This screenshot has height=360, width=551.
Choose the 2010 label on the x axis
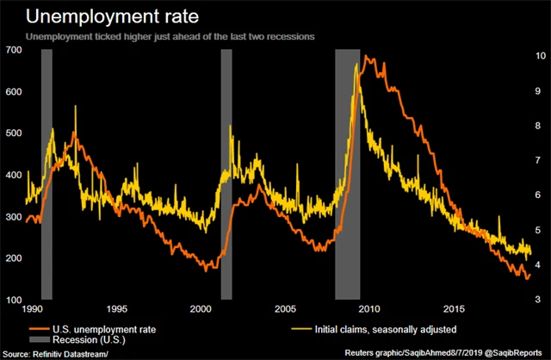(369, 308)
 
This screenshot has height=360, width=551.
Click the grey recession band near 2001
(226, 172)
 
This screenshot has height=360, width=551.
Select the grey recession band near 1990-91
(46, 172)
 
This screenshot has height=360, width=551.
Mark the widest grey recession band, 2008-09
(347, 172)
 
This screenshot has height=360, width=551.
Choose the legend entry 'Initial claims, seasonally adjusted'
(379, 328)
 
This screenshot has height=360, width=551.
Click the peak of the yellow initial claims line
(356, 65)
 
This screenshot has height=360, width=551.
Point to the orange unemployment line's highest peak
(368, 57)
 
